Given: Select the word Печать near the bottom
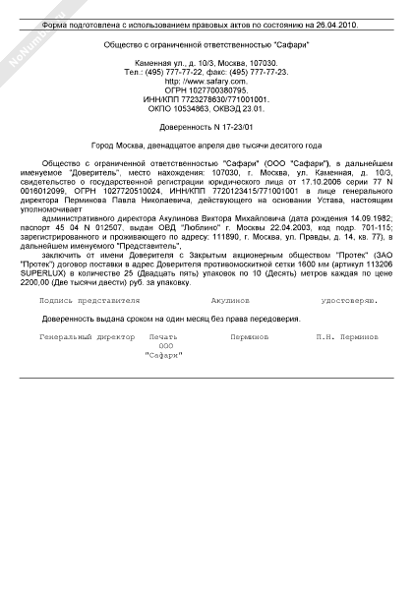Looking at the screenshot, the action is click(162, 336).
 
